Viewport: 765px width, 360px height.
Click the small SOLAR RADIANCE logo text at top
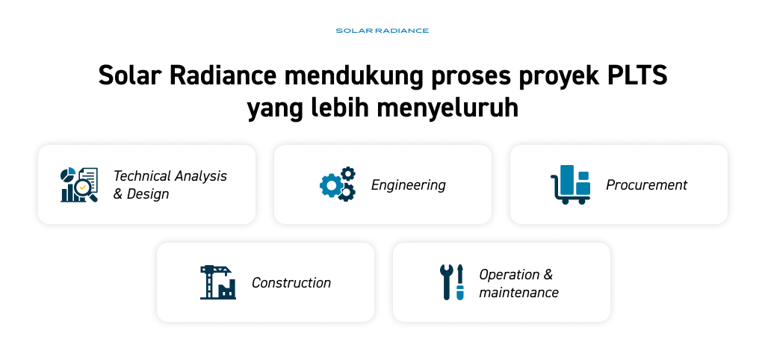[x=382, y=31]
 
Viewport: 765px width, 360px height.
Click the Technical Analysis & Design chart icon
[x=79, y=184]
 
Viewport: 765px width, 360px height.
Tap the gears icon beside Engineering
[x=338, y=184]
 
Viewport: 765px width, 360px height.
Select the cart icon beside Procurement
[x=571, y=184]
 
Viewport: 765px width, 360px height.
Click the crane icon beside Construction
[x=218, y=282]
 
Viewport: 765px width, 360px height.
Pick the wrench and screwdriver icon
[x=452, y=282]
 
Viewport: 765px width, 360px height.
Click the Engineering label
[x=409, y=185]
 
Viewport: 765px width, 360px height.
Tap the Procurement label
[x=646, y=185]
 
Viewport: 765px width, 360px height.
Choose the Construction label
[x=291, y=282]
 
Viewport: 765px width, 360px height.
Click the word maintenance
[x=518, y=292]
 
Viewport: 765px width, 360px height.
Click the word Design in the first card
[x=148, y=195]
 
